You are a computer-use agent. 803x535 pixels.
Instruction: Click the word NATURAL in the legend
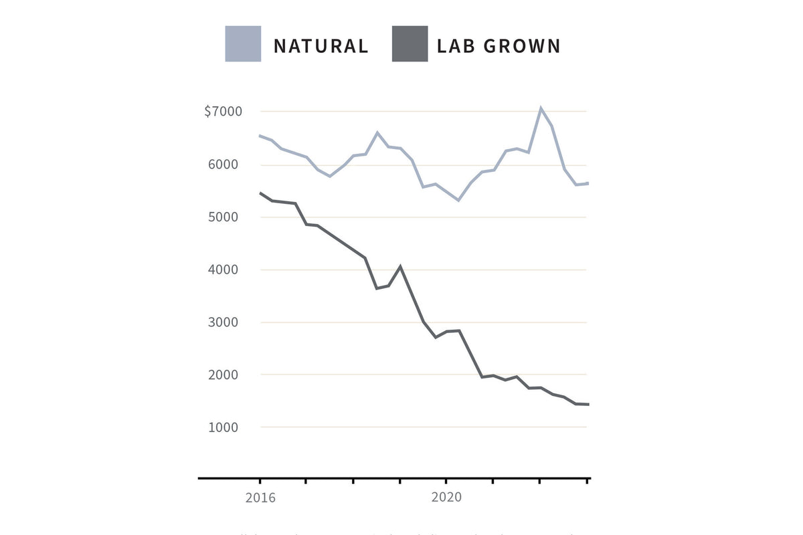(x=321, y=45)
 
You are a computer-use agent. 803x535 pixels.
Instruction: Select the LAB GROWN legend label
(x=499, y=45)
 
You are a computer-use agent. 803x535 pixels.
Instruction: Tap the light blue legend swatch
(x=243, y=44)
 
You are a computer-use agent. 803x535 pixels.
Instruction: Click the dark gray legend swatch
(x=410, y=44)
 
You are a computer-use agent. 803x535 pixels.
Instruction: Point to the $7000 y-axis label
(x=223, y=111)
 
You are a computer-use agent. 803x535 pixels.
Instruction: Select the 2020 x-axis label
(x=446, y=498)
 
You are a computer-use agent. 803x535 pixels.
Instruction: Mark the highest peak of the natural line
(x=540, y=108)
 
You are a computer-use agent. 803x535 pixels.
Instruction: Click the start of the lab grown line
(x=260, y=193)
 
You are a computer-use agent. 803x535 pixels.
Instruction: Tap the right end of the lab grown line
(x=588, y=405)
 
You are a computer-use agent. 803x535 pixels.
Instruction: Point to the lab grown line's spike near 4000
(x=399, y=266)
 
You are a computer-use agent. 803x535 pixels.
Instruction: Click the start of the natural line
(x=260, y=136)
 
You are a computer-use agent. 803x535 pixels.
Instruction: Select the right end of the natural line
(x=588, y=183)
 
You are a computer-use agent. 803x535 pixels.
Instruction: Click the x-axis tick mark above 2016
(x=260, y=481)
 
